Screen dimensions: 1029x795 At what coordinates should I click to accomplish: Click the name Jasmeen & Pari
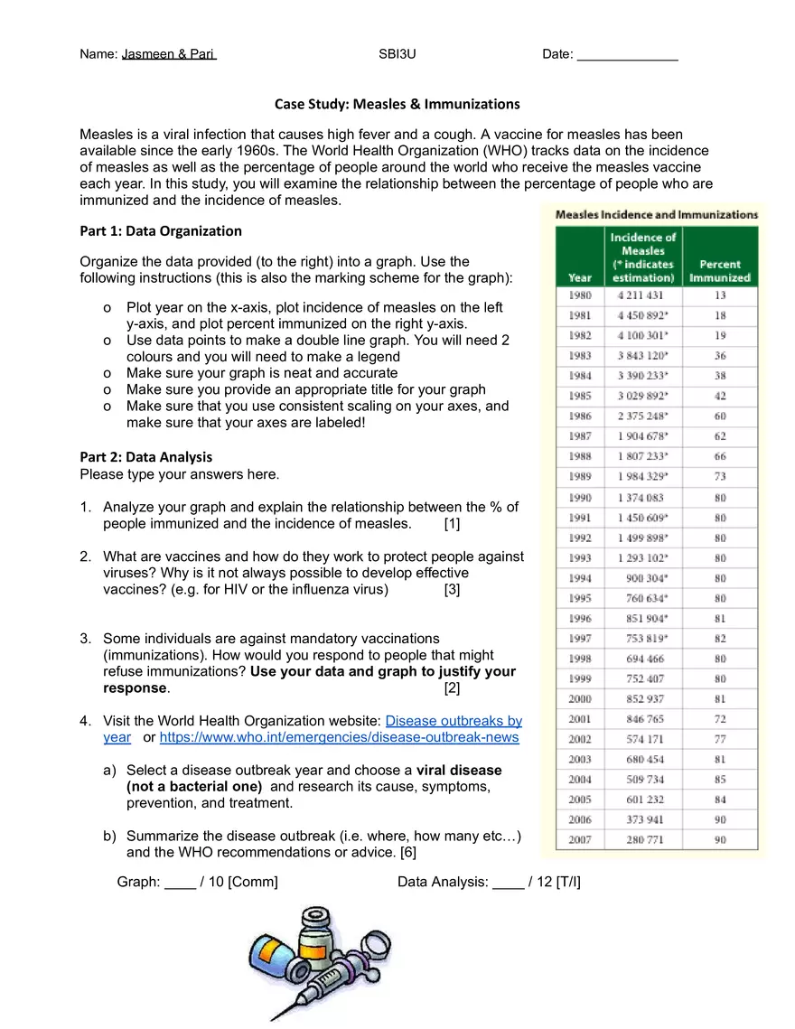[169, 54]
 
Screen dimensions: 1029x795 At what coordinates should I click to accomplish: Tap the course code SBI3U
[397, 54]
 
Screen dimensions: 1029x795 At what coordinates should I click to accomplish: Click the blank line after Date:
[627, 55]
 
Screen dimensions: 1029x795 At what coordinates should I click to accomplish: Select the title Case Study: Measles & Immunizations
[397, 104]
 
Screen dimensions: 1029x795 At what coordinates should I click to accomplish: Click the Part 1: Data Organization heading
[161, 230]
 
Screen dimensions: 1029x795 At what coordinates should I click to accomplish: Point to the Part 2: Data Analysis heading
[146, 456]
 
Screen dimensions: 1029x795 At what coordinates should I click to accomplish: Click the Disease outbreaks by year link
[454, 721]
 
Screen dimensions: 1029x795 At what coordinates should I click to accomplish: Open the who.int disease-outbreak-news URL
[339, 737]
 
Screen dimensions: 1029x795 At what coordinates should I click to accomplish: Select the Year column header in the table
[580, 277]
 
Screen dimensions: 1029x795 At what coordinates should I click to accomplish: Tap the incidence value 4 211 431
[641, 295]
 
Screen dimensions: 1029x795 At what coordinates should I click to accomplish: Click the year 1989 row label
[580, 476]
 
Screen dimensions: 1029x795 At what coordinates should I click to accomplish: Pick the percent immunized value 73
[720, 476]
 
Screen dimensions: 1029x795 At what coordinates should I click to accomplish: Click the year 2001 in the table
[580, 719]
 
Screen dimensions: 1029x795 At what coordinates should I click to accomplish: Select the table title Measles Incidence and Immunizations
[656, 215]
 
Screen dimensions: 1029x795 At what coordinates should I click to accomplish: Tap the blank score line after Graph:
[181, 883]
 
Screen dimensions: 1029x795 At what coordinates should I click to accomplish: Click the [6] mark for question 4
[407, 852]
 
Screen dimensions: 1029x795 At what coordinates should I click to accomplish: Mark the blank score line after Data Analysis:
[508, 883]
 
